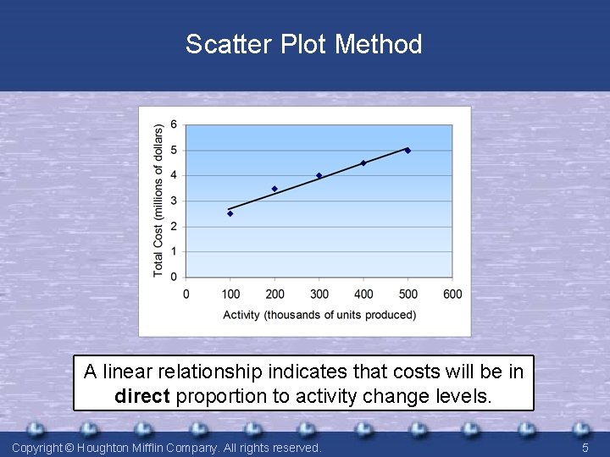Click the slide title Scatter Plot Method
pyautogui.click(x=304, y=44)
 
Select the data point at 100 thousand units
pyautogui.click(x=230, y=213)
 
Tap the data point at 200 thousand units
pyautogui.click(x=274, y=189)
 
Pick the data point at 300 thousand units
pyautogui.click(x=319, y=176)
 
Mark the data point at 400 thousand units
pyautogui.click(x=363, y=163)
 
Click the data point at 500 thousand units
pyautogui.click(x=408, y=151)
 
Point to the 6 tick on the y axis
pyautogui.click(x=174, y=125)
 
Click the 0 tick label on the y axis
pyautogui.click(x=174, y=277)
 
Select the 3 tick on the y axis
pyautogui.click(x=174, y=201)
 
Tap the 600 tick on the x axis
pyautogui.click(x=452, y=295)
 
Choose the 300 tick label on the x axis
pyautogui.click(x=319, y=295)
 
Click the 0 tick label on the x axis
pyautogui.click(x=186, y=295)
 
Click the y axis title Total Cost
pyautogui.click(x=158, y=201)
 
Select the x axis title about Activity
pyautogui.click(x=319, y=315)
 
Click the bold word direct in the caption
pyautogui.click(x=142, y=395)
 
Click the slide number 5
pyautogui.click(x=585, y=447)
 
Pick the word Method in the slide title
pyautogui.click(x=379, y=44)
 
